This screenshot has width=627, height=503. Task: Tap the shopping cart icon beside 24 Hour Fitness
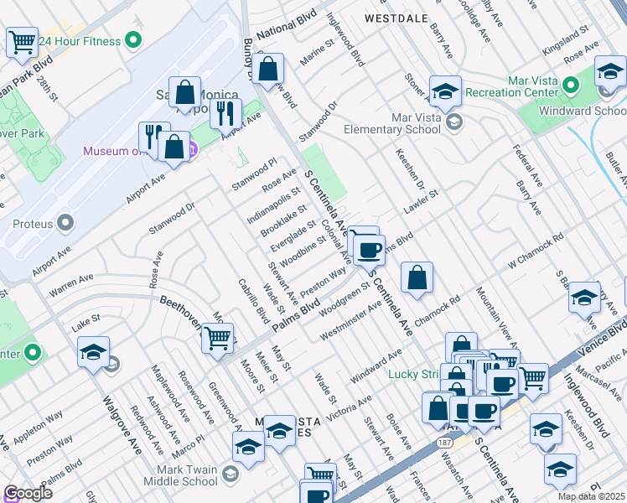click(22, 41)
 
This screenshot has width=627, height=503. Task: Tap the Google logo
click(28, 493)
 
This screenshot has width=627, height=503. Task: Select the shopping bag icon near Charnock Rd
click(417, 277)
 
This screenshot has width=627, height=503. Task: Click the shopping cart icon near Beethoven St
click(217, 337)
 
